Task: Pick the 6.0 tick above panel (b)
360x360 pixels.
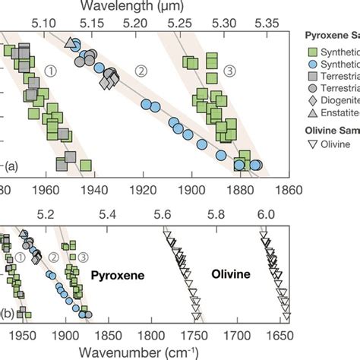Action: click(x=265, y=216)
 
